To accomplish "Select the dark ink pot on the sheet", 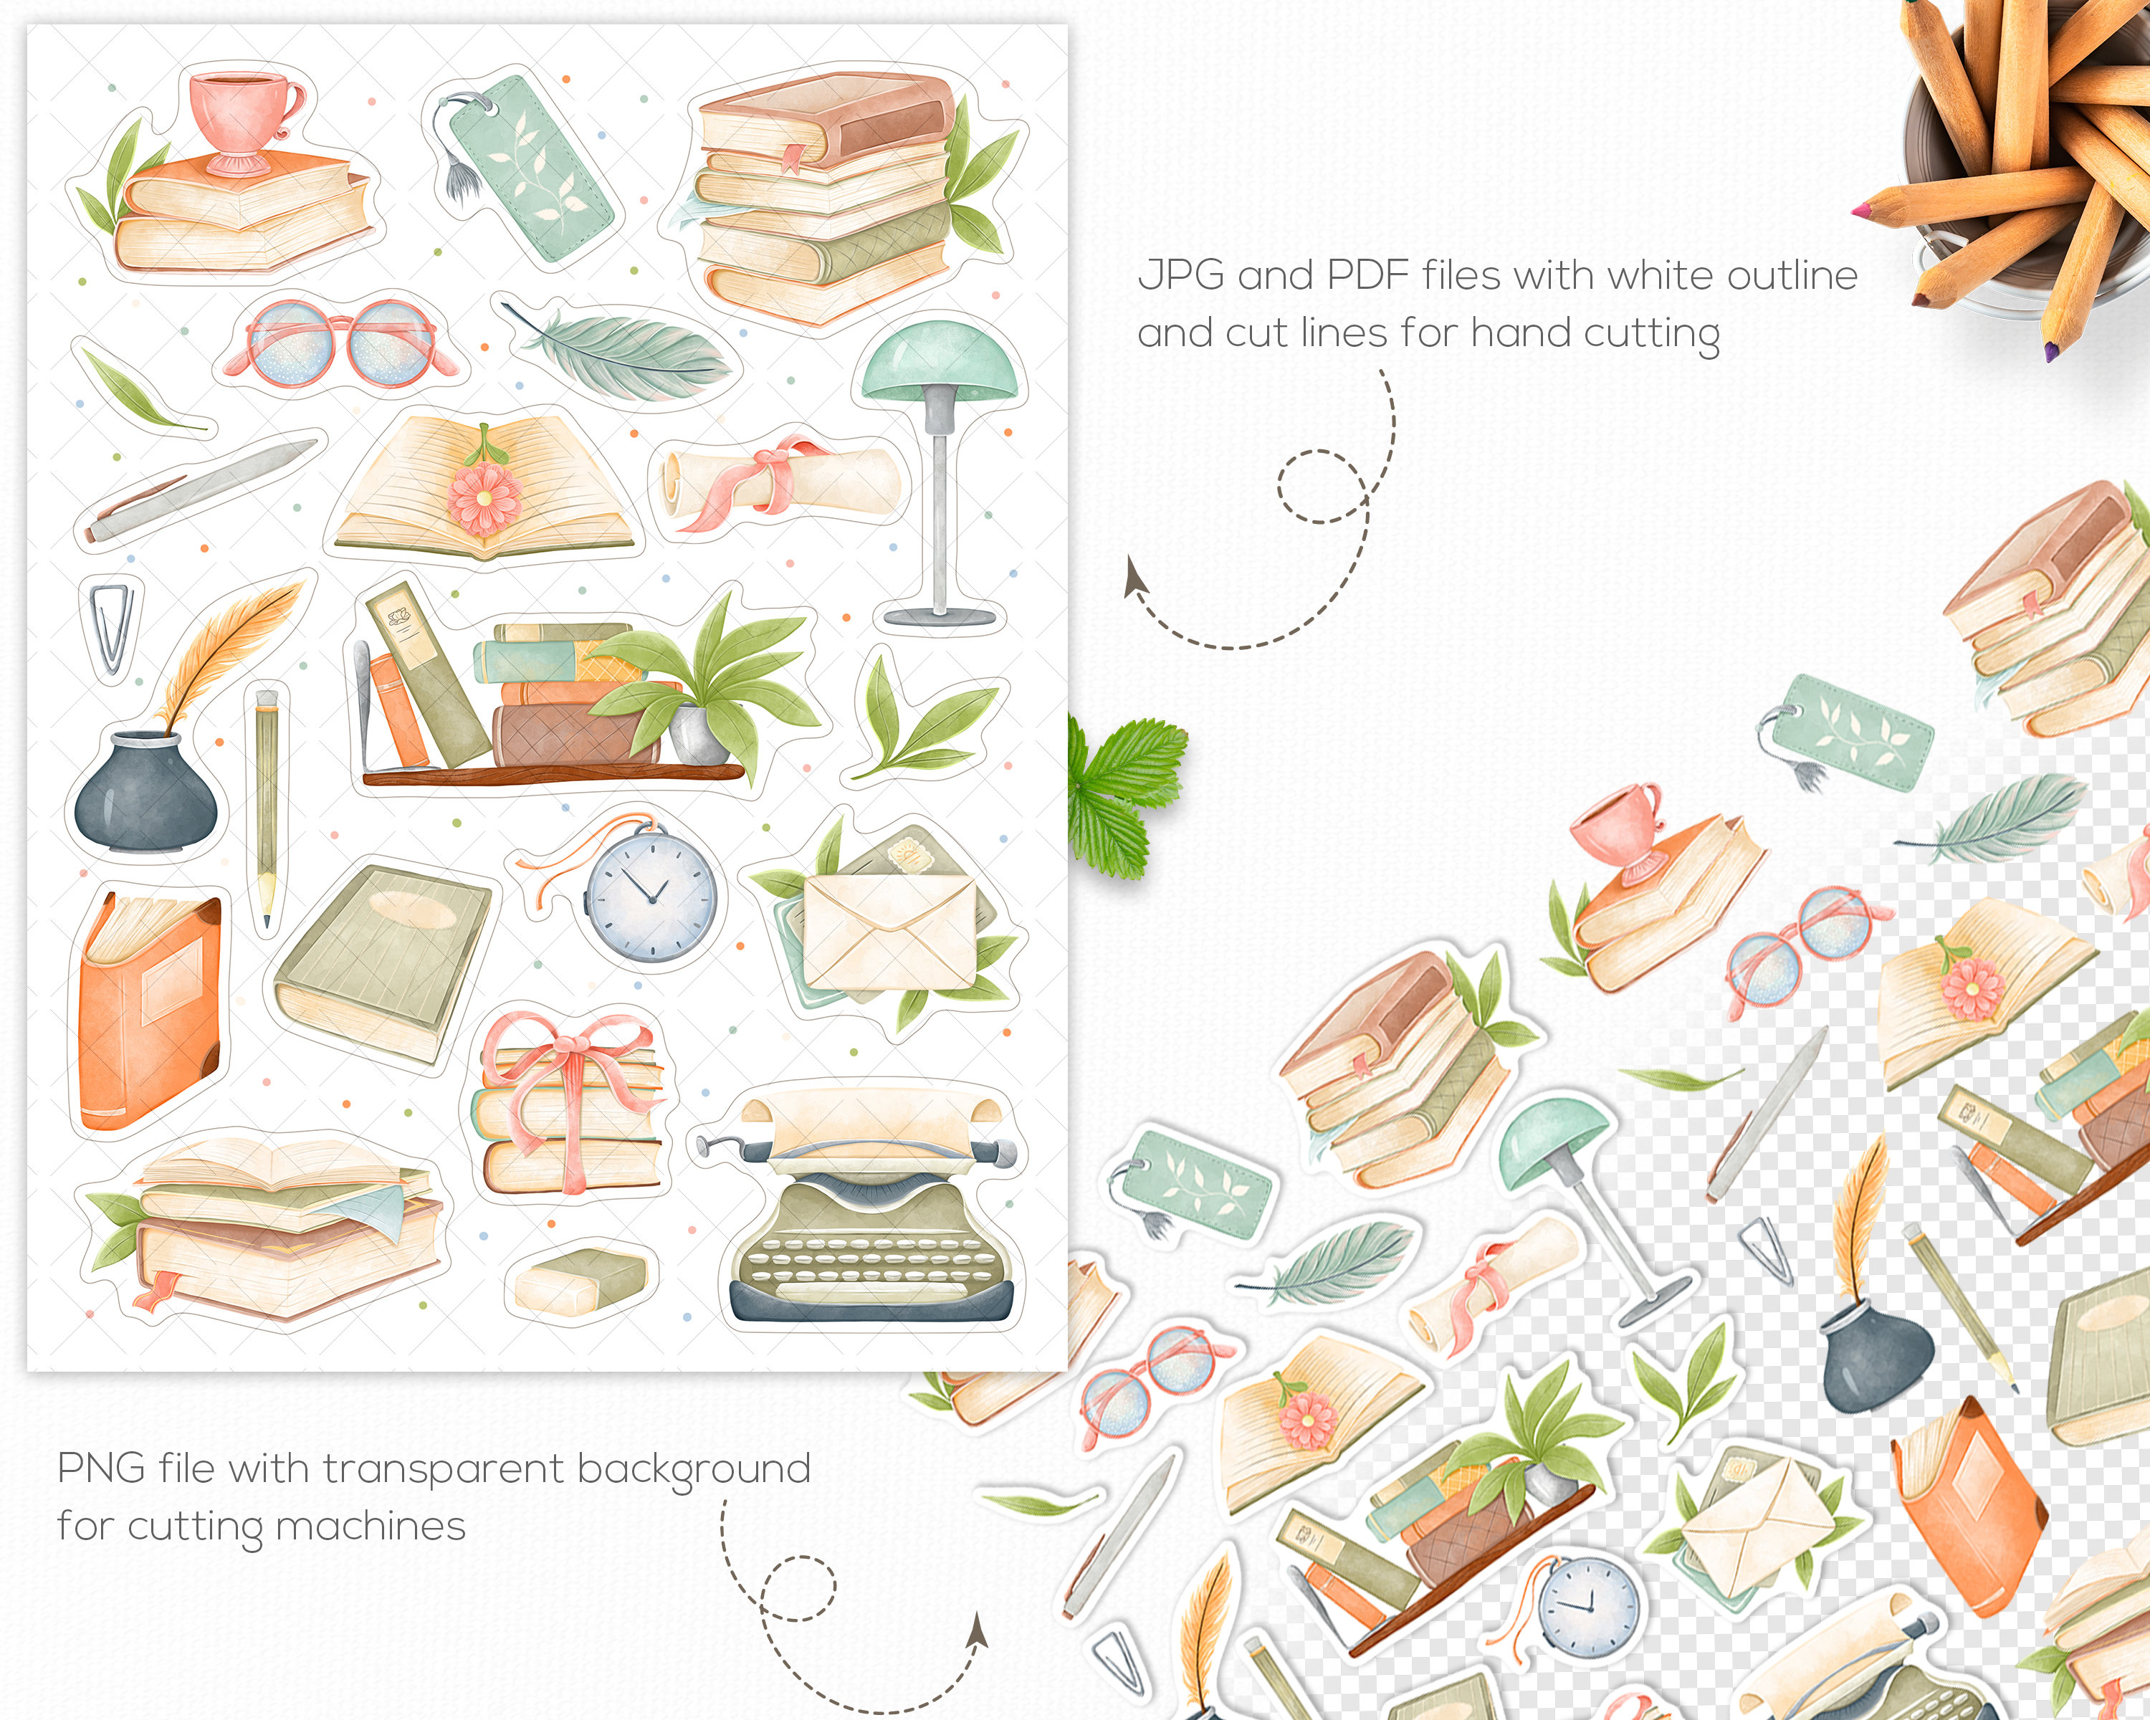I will click(x=145, y=793).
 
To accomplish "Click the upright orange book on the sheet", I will click(x=148, y=1017).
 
